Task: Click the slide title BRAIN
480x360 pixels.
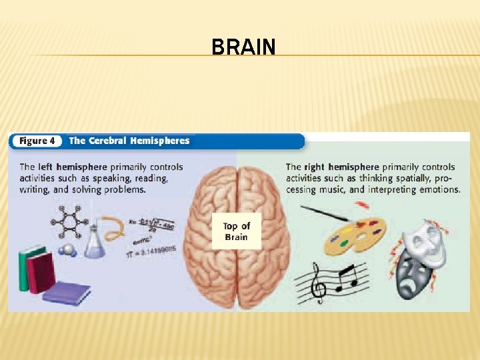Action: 243,47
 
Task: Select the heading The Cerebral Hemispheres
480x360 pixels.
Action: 129,141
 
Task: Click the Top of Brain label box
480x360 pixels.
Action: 236,231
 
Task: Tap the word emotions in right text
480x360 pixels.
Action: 440,189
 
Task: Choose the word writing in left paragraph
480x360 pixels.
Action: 35,189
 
